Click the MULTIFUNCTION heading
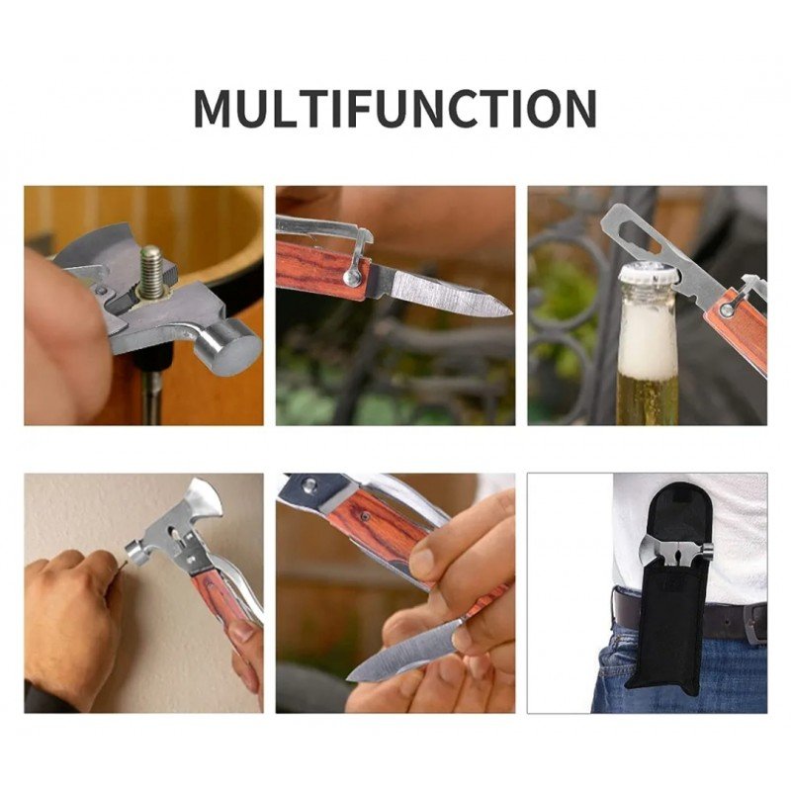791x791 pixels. tap(395, 108)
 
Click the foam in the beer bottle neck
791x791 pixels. tap(648, 339)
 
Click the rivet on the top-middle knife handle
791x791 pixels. tap(352, 276)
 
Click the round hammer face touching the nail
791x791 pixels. tap(132, 553)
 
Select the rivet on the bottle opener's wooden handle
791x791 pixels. tap(728, 309)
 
